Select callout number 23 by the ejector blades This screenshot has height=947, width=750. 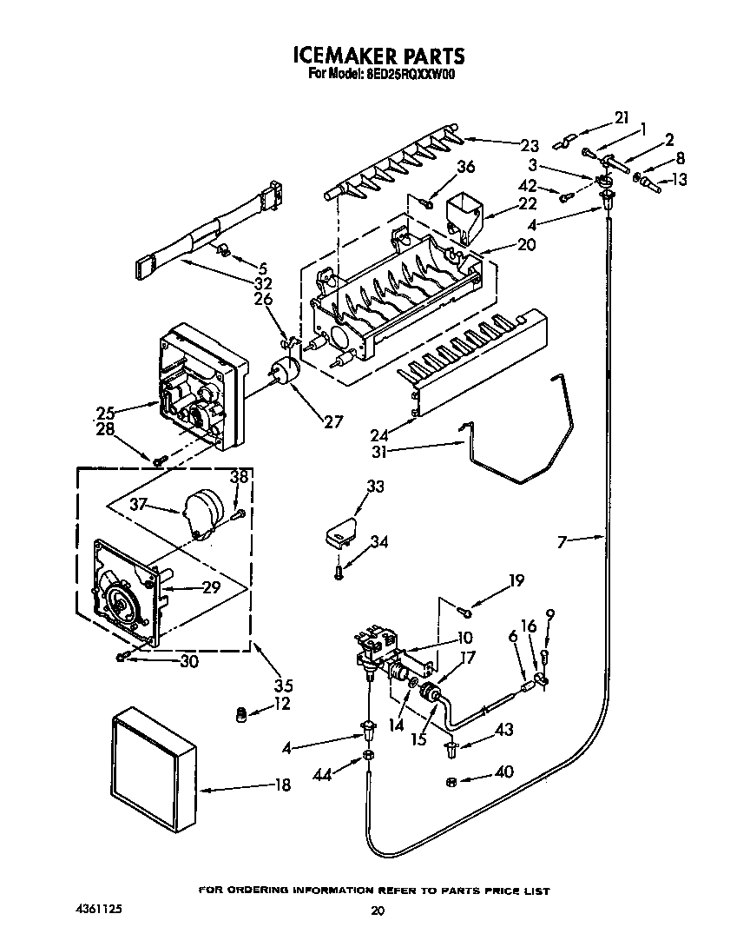click(x=530, y=145)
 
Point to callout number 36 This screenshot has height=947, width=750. click(x=465, y=167)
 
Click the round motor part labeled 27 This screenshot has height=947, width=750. click(x=284, y=371)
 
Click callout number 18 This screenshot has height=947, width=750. click(x=280, y=785)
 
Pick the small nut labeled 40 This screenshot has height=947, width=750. click(x=451, y=782)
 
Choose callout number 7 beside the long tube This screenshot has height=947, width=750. click(x=562, y=541)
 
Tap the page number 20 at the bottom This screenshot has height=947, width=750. click(x=377, y=911)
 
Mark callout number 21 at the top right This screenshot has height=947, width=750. click(x=620, y=118)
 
